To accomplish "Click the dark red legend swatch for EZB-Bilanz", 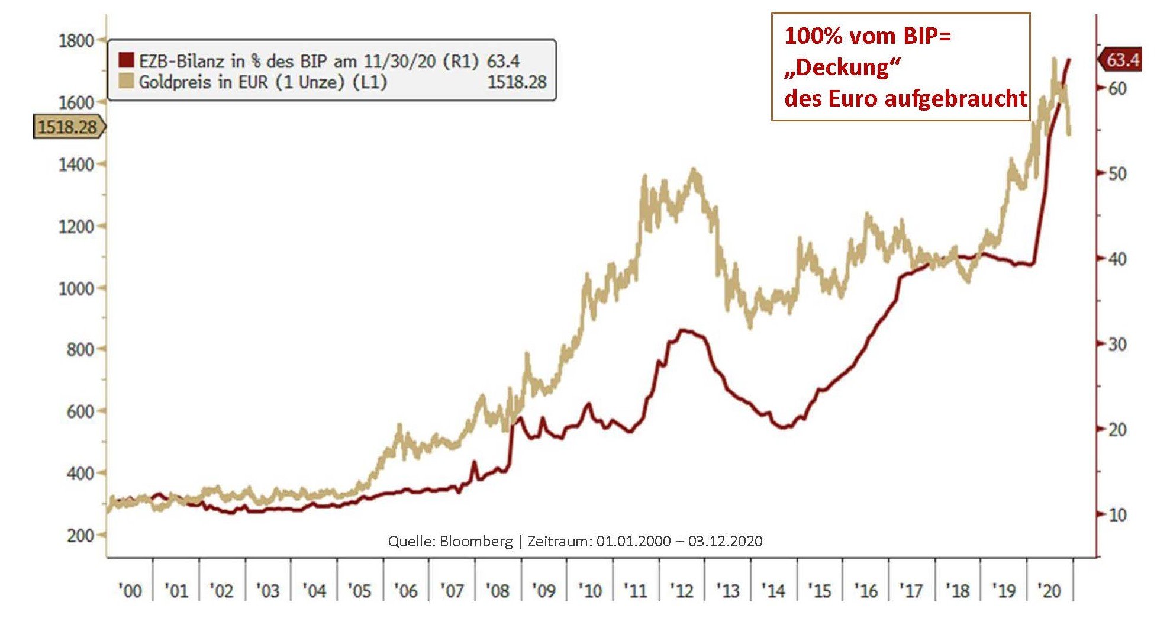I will (x=127, y=60).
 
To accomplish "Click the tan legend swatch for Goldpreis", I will (x=127, y=81).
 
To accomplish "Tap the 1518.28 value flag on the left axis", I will (x=67, y=127).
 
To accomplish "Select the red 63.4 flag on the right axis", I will (x=1121, y=60).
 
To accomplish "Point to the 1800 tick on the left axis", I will (x=76, y=41).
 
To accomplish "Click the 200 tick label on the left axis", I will (x=80, y=535).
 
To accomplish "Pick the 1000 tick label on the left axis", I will (x=76, y=288).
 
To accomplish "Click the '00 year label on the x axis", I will (x=130, y=590).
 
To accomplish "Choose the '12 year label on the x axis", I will (x=682, y=590).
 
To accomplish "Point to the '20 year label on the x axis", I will (x=1049, y=590).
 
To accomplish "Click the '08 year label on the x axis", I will (x=498, y=590).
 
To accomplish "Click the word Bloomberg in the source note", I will (x=476, y=541).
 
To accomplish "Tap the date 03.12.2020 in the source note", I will (x=725, y=541).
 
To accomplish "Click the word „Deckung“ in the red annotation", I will (x=842, y=67).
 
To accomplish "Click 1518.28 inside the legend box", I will (x=517, y=82).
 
